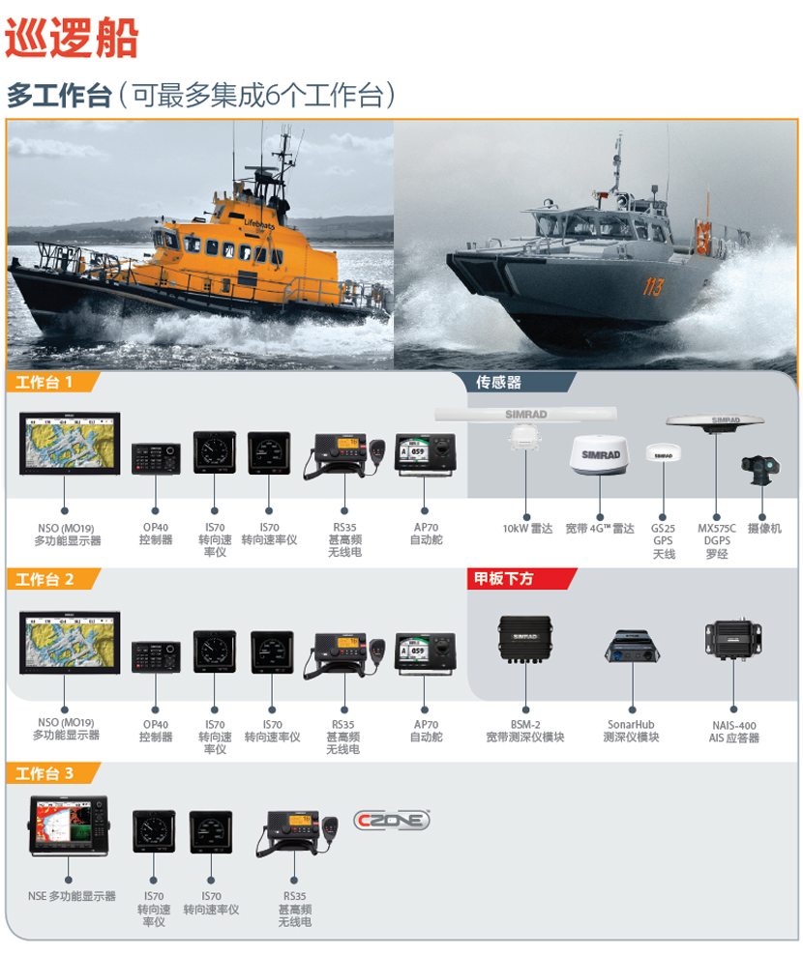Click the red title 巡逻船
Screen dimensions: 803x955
click(72, 38)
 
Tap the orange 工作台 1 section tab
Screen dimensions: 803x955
click(52, 382)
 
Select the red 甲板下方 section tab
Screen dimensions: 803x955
click(521, 578)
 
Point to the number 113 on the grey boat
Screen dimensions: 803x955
click(653, 286)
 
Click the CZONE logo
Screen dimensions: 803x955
click(392, 820)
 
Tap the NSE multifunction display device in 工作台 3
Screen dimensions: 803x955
click(69, 825)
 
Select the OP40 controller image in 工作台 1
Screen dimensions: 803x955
click(156, 458)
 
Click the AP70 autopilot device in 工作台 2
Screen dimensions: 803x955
click(425, 653)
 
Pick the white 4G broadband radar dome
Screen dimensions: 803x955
click(600, 454)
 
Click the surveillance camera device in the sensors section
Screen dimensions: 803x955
click(760, 469)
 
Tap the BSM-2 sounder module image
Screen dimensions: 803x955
click(525, 638)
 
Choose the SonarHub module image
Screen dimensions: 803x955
click(633, 647)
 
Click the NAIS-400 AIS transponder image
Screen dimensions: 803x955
click(733, 640)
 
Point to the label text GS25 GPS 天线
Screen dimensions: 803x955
click(664, 541)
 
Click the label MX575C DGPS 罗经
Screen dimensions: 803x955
click(717, 541)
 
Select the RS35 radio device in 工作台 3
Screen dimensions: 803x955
click(296, 832)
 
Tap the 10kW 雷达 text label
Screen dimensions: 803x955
click(527, 529)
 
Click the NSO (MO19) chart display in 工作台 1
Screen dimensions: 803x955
click(70, 444)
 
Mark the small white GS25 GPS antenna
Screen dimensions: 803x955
click(663, 452)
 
